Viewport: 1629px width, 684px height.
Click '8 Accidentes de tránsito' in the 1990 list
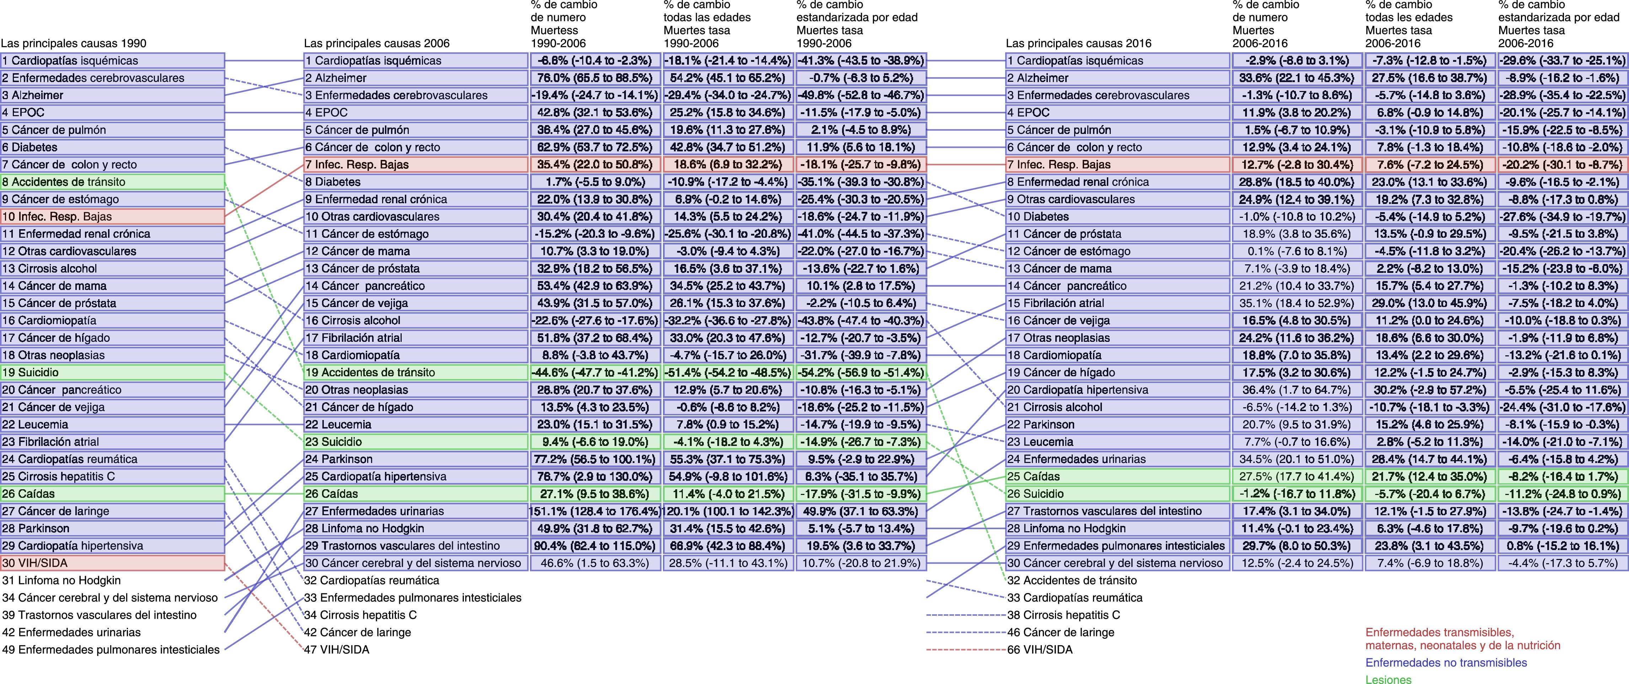[x=113, y=182]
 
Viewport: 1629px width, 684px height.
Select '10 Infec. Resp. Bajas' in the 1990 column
[x=113, y=216]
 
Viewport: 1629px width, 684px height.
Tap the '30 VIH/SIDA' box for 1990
[x=113, y=562]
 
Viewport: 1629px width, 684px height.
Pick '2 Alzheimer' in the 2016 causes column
[x=1118, y=78]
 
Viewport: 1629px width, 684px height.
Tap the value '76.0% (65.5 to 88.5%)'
[x=594, y=78]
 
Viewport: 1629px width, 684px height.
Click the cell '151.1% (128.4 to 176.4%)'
[x=594, y=511]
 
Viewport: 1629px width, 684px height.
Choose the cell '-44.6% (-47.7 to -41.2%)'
[x=594, y=372]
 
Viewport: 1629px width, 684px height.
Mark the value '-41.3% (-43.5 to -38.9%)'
[x=861, y=61]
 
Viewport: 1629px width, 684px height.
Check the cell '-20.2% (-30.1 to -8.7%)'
[x=1562, y=165]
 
